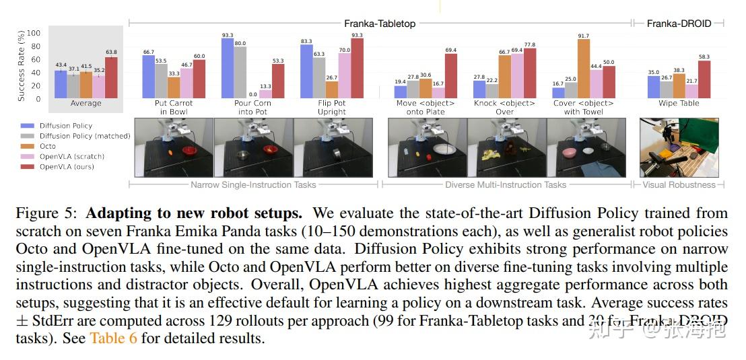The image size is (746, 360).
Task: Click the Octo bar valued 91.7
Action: click(584, 69)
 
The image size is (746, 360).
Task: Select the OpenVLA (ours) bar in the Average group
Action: click(111, 77)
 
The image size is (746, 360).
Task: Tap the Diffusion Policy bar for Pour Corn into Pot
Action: click(228, 68)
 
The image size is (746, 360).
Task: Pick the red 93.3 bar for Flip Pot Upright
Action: click(357, 69)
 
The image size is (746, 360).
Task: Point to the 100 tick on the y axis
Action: click(34, 33)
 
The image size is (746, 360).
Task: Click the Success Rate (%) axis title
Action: click(22, 65)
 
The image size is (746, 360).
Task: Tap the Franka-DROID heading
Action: click(679, 23)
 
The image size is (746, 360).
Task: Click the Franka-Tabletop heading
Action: click(380, 23)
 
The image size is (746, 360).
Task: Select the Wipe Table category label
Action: click(679, 104)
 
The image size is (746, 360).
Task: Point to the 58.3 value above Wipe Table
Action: click(704, 57)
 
